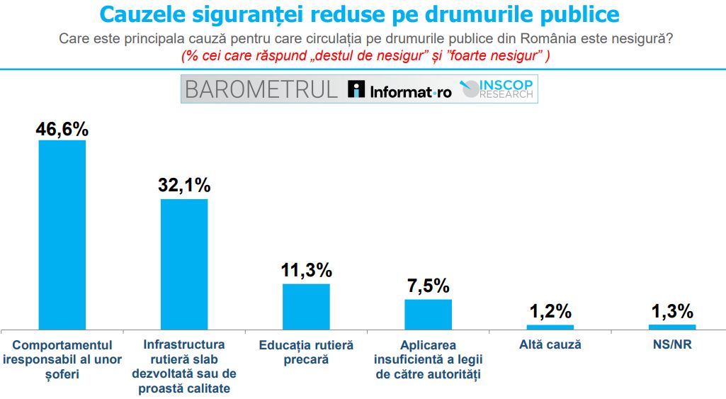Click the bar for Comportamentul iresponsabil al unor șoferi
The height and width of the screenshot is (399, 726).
[x=62, y=234]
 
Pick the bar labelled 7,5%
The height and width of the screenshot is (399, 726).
[x=428, y=314]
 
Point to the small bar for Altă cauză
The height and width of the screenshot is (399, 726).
[x=550, y=327]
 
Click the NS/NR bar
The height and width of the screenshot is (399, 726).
[x=672, y=327]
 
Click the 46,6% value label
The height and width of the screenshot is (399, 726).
[x=62, y=129]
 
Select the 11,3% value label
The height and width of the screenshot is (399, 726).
[x=306, y=270]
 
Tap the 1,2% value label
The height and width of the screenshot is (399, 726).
[x=550, y=311]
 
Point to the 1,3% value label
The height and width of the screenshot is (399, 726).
[x=672, y=311]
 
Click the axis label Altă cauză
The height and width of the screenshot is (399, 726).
[x=550, y=344]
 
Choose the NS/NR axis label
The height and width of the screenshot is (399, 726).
[x=672, y=344]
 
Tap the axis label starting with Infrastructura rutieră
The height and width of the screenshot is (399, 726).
[x=184, y=366]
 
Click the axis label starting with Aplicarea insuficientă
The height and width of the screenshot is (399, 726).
[x=428, y=359]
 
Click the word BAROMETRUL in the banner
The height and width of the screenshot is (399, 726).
[x=261, y=89]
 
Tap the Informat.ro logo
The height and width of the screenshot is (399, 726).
[x=399, y=90]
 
